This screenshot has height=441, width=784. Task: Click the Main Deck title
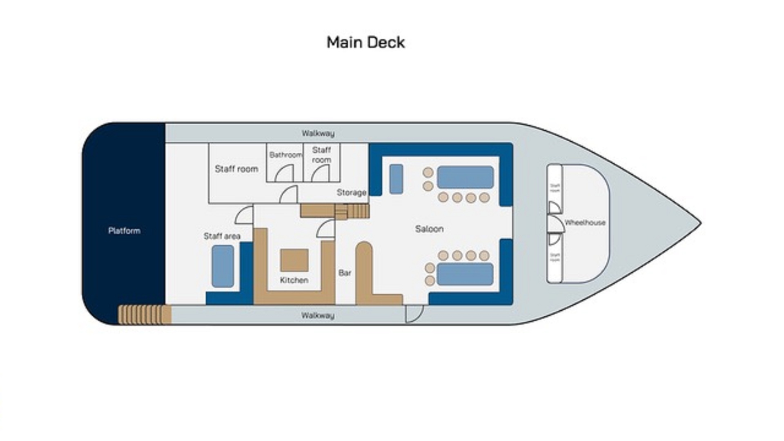(x=365, y=42)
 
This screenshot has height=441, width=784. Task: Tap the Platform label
(x=124, y=231)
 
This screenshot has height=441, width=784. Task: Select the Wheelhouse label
(x=585, y=223)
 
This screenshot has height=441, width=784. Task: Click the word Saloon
(x=429, y=229)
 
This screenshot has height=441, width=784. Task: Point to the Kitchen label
(x=294, y=280)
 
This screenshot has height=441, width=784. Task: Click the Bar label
(x=345, y=273)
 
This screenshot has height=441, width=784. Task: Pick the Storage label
(x=351, y=192)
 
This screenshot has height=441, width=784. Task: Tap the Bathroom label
(x=285, y=155)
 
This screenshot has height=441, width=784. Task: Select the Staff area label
(x=222, y=236)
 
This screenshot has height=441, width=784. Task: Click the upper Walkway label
(x=318, y=133)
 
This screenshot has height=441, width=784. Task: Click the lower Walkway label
(x=318, y=315)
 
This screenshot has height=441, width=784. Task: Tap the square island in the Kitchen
(x=294, y=261)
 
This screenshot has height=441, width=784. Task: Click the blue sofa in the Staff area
(x=223, y=266)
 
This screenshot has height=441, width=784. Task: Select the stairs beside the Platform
(x=144, y=315)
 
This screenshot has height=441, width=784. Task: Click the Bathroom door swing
(x=285, y=174)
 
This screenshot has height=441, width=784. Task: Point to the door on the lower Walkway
(x=414, y=314)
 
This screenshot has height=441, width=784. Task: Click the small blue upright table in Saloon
(x=396, y=179)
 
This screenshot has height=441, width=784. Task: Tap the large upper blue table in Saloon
(x=465, y=177)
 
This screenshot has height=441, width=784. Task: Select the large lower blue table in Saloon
(x=465, y=274)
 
